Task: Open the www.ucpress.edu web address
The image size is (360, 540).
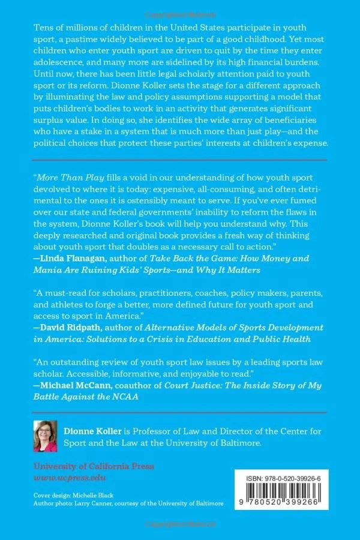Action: pos(69,478)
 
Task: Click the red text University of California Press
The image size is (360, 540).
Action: pos(94,466)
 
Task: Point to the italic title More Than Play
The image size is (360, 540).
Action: pos(65,178)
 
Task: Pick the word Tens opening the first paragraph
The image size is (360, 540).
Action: pos(43,29)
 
